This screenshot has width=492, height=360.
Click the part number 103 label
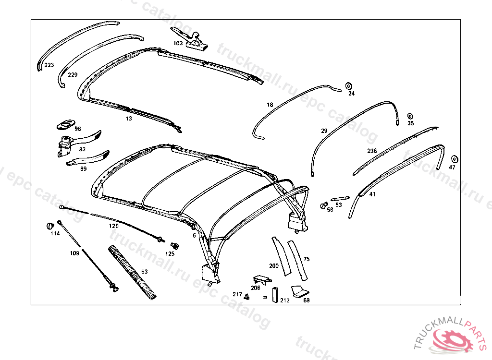(178, 43)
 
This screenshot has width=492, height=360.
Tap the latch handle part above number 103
(189, 38)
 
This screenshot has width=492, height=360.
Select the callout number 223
(49, 65)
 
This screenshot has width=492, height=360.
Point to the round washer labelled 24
(349, 86)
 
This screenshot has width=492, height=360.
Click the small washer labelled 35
(410, 116)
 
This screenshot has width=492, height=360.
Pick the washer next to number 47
(454, 159)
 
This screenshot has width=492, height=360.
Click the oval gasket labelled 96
(66, 124)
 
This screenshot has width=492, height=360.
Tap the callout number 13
(129, 119)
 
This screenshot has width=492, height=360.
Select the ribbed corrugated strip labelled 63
(132, 272)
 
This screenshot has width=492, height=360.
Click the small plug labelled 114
(50, 226)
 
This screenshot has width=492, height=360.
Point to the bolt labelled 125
(174, 246)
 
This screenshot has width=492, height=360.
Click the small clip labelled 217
(246, 296)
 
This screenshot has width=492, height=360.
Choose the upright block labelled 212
(275, 295)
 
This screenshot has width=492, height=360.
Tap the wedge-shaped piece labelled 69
(299, 291)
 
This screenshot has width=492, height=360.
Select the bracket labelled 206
(262, 280)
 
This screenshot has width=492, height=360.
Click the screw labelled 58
(323, 205)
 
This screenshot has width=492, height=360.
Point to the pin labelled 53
(340, 199)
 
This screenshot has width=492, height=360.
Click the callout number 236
(372, 151)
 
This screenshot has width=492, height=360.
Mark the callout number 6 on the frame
(194, 235)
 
